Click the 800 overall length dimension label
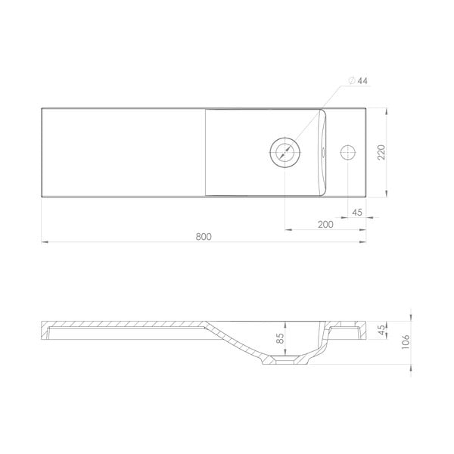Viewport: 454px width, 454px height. [203, 236]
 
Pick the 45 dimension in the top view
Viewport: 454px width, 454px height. [357, 212]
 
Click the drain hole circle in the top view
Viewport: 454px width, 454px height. [285, 151]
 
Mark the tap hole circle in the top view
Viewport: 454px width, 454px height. [350, 152]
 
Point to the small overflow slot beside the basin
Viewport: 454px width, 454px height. [324, 152]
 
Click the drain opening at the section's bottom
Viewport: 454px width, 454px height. [285, 364]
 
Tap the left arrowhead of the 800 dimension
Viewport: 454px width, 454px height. [43, 242]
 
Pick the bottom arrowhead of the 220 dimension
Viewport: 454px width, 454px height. [388, 195]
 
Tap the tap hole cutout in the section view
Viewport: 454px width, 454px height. [350, 330]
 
